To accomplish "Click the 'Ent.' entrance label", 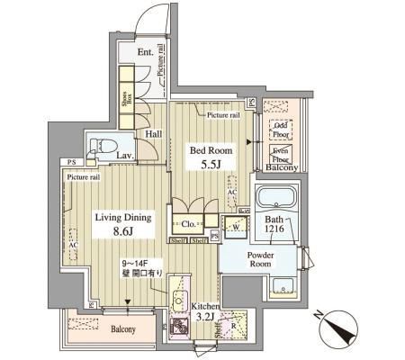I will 145,52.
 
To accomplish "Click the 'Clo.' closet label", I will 189,224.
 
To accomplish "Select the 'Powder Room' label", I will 268,259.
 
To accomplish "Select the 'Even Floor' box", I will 280,154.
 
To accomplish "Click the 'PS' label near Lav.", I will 68,162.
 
